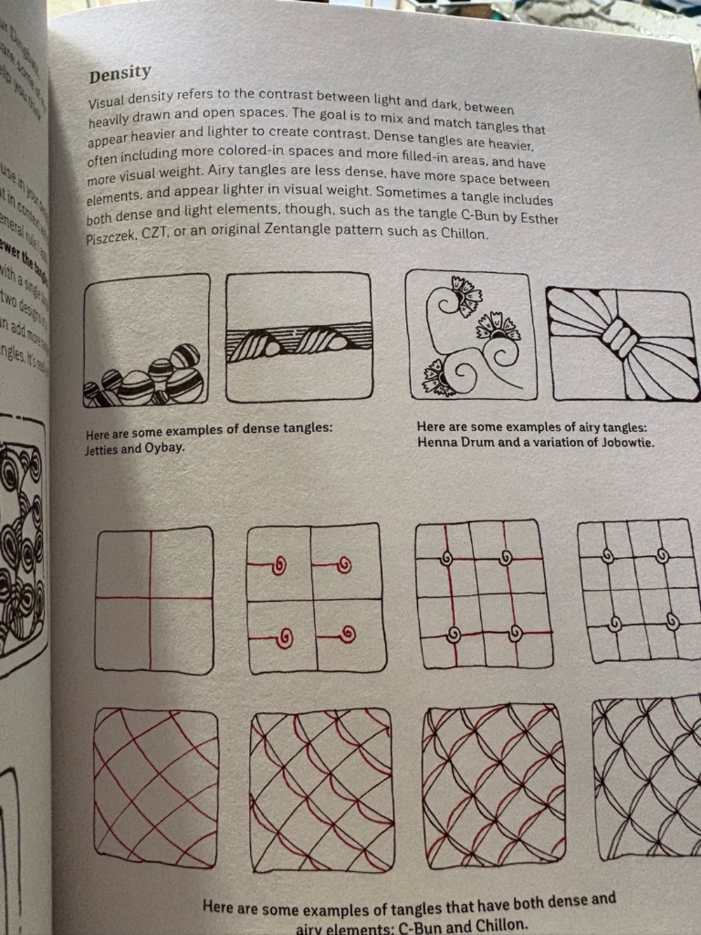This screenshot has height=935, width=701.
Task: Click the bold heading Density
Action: (120, 74)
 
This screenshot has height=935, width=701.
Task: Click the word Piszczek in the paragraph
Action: (111, 239)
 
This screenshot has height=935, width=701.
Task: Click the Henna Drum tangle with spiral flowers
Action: (468, 335)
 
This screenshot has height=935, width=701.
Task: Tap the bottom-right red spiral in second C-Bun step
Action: (346, 635)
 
